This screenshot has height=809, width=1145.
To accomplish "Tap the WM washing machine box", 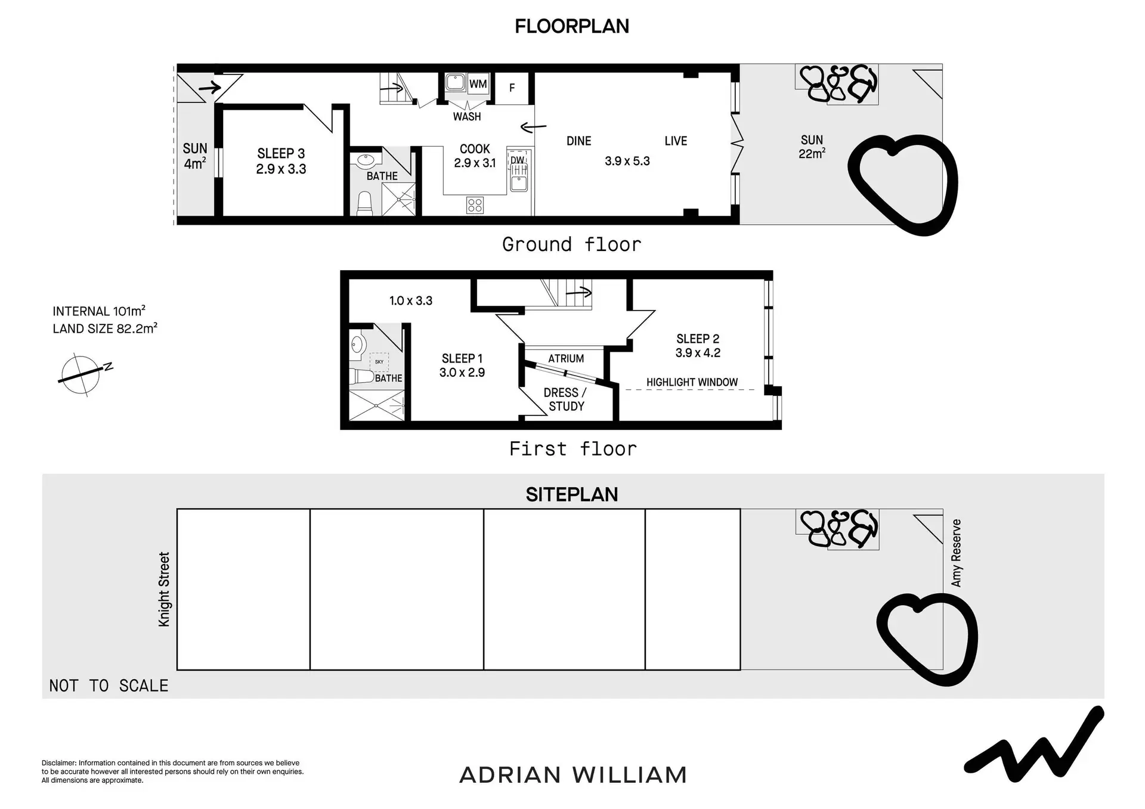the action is [x=478, y=84].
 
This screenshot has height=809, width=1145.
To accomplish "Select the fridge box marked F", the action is [x=512, y=88].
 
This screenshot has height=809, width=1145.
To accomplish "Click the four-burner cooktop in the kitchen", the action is [x=475, y=206].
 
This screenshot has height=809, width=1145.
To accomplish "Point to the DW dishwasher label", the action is [x=517, y=160].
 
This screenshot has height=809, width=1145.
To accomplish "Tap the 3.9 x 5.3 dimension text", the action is [x=627, y=161].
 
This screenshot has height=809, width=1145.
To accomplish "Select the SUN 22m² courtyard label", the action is [x=812, y=147].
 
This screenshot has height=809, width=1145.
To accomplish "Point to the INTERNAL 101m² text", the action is [x=99, y=311].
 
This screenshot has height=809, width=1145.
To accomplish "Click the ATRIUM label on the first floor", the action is [x=566, y=358].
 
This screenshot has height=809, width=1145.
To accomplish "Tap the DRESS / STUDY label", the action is [x=565, y=399].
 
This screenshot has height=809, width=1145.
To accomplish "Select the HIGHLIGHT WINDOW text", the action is [x=692, y=382].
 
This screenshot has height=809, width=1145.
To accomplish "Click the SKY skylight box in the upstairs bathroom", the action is [x=379, y=362].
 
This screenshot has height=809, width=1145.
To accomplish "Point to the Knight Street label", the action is [x=164, y=589].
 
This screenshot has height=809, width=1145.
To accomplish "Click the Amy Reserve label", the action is [x=957, y=553].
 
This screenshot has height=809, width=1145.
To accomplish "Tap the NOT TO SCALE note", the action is [x=109, y=686].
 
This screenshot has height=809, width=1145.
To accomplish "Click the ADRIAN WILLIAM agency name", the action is [x=573, y=775].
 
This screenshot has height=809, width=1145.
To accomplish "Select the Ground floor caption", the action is [x=572, y=244].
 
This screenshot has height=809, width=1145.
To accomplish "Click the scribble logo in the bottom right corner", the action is [x=1034, y=745].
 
